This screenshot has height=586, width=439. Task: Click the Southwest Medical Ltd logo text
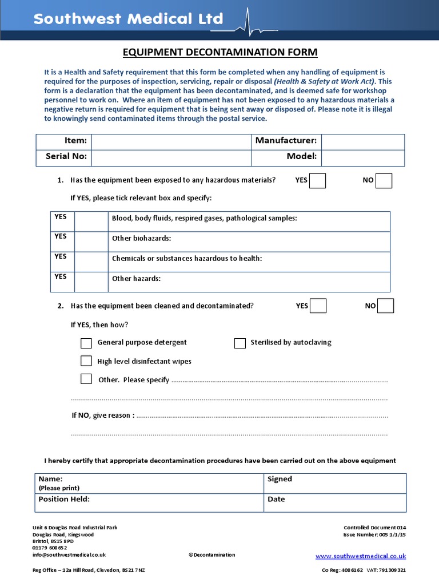(x=128, y=19)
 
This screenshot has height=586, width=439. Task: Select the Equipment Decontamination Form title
(x=220, y=53)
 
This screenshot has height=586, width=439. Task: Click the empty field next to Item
(x=171, y=141)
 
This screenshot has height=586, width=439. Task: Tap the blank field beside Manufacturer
(x=363, y=141)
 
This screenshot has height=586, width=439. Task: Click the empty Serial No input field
(x=171, y=157)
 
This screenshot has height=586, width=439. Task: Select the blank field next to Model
(x=363, y=157)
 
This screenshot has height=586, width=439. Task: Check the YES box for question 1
(x=317, y=180)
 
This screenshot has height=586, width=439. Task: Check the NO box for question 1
(x=384, y=180)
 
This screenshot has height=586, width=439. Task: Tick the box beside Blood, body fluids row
(x=91, y=221)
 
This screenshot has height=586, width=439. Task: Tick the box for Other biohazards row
(x=91, y=241)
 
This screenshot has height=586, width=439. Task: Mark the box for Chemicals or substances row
(x=91, y=262)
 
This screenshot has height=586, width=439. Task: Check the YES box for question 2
(x=318, y=306)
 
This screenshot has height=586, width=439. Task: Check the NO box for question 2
(x=386, y=306)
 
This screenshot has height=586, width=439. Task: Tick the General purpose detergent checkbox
(x=86, y=343)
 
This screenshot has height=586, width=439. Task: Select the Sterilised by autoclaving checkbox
(x=240, y=343)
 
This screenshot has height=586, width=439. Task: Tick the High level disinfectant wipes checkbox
(x=86, y=361)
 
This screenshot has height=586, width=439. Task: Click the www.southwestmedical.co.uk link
(x=361, y=556)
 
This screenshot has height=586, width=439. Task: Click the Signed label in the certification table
(x=280, y=479)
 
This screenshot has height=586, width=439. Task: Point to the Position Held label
(x=64, y=499)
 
